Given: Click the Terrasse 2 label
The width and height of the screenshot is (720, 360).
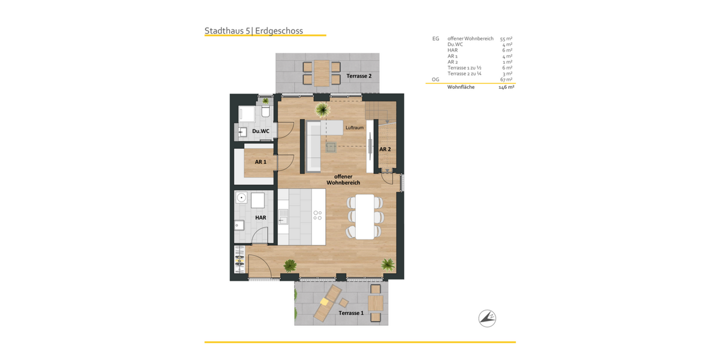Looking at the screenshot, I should point(359,76).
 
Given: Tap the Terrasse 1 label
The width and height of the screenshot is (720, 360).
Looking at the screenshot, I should point(351,313).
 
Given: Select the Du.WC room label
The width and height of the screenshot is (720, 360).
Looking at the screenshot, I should point(260,131).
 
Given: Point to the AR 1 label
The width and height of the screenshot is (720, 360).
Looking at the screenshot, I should point(260,162).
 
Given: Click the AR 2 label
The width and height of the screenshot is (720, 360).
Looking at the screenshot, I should point(385,149).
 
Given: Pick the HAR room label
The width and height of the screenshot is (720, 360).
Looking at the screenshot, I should point(260,218).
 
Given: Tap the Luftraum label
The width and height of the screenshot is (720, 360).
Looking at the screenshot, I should point(355,128).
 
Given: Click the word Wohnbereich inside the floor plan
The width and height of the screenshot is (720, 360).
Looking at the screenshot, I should point(343,182).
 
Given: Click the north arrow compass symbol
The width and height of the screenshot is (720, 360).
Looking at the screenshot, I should point(487,318).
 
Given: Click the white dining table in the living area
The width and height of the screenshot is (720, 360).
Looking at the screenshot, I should point(365,217).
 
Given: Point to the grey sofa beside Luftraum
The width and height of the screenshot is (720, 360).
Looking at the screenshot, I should point(313,146).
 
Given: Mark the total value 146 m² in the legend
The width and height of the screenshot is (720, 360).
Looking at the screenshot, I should point(506,87).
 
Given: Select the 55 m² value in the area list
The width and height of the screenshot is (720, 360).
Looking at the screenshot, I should point(506,38).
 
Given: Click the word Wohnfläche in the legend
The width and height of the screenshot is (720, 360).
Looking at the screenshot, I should point(461,87).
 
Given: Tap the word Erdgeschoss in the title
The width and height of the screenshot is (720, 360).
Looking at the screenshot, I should point(279,31).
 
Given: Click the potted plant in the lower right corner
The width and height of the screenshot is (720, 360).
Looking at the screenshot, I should point(388,264).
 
